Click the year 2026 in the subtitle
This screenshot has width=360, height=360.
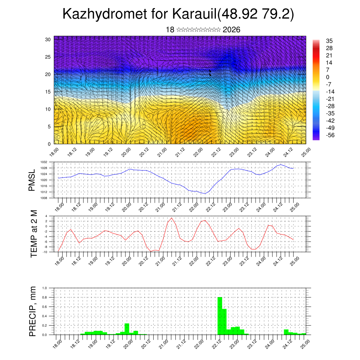click(232, 30)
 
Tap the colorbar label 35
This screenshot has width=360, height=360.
click(329, 41)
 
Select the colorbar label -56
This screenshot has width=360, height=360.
click(330, 135)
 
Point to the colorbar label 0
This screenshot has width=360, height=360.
click(328, 77)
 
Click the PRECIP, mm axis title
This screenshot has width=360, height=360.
click(33, 311)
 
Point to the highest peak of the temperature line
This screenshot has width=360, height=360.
click(172, 218)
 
